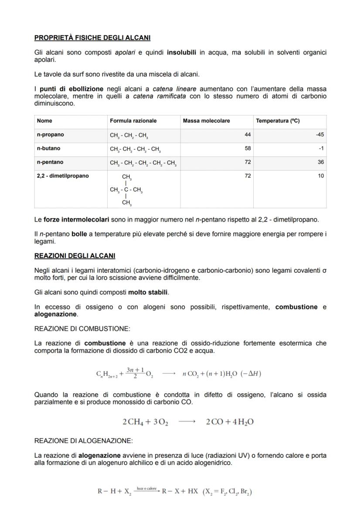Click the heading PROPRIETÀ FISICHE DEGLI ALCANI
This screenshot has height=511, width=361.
pyautogui.click(x=92, y=38)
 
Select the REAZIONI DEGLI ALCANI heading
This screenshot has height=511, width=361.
pyautogui.click(x=75, y=255)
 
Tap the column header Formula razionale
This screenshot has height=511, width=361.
pyautogui.click(x=133, y=121)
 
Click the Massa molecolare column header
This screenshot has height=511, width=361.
pyautogui.click(x=206, y=121)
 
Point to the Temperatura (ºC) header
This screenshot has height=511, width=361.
pyautogui.click(x=278, y=121)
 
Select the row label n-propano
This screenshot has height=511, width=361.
pyautogui.click(x=50, y=135)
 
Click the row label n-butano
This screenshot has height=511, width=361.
pyautogui.click(x=49, y=148)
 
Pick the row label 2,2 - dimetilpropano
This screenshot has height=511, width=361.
pyautogui.click(x=63, y=176)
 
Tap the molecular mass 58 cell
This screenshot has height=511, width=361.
pyautogui.click(x=248, y=148)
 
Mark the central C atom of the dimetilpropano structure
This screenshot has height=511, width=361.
pyautogui.click(x=126, y=190)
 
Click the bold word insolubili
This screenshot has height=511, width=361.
pyautogui.click(x=182, y=52)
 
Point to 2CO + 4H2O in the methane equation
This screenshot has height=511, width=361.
pyautogui.click(x=230, y=422)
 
